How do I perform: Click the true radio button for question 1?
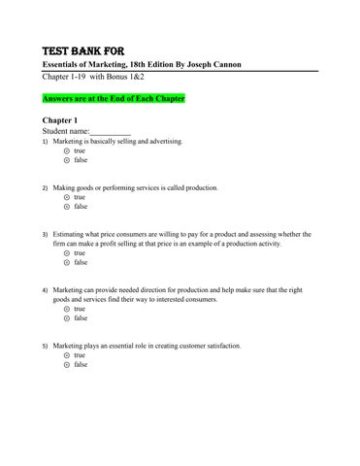66,151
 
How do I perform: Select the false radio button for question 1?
66,161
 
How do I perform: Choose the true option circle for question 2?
66,196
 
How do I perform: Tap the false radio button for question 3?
66,262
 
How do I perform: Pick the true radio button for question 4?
66,309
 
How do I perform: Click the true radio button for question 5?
66,355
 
